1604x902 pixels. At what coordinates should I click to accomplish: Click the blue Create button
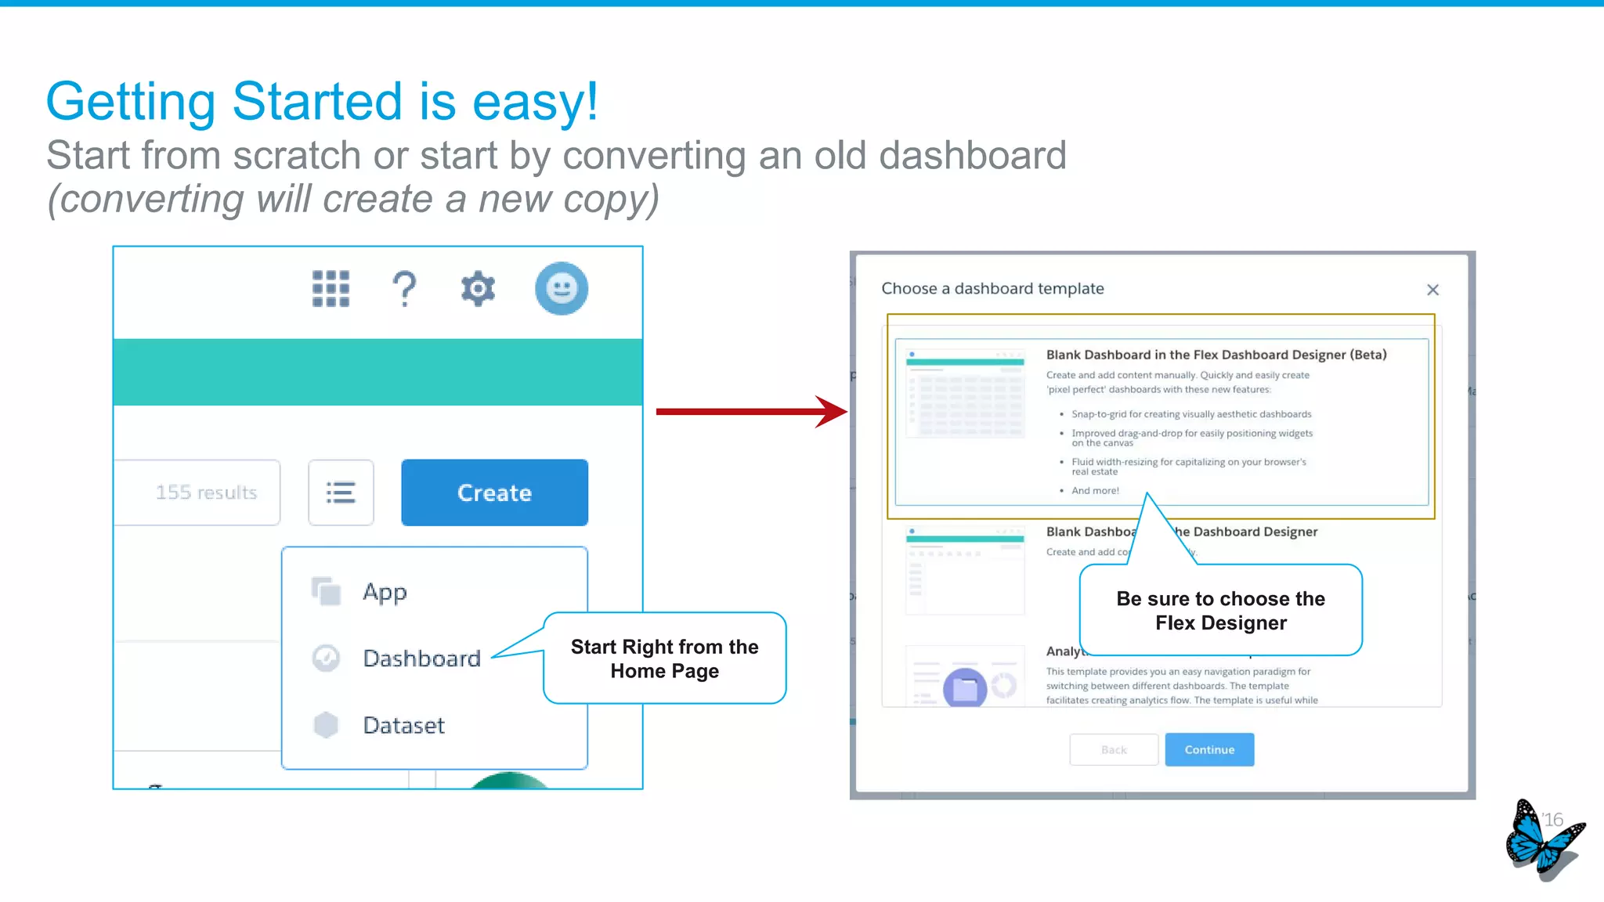[494, 492]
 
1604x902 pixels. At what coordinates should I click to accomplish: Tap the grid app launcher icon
[331, 289]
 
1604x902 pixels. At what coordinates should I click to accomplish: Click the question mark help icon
[404, 289]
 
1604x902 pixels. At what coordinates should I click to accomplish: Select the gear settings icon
[478, 289]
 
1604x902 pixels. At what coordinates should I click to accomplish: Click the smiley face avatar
[561, 289]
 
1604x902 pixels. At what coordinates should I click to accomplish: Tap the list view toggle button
[341, 492]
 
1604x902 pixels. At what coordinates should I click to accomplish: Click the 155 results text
[206, 492]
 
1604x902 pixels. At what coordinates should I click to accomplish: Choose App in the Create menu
[385, 592]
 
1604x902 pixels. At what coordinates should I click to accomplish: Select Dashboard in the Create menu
[421, 658]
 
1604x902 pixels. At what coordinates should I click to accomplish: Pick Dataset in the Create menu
[403, 725]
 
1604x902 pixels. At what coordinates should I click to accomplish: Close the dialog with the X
[1432, 290]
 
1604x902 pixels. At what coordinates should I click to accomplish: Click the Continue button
[1209, 749]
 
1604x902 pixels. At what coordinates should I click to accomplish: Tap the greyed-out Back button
[1114, 749]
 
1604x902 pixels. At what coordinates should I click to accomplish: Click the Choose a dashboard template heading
[992, 289]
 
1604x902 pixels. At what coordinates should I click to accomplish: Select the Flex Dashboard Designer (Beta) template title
[1216, 355]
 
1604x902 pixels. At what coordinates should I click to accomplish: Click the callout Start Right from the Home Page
[664, 658]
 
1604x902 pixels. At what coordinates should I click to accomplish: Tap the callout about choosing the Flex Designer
[1220, 611]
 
